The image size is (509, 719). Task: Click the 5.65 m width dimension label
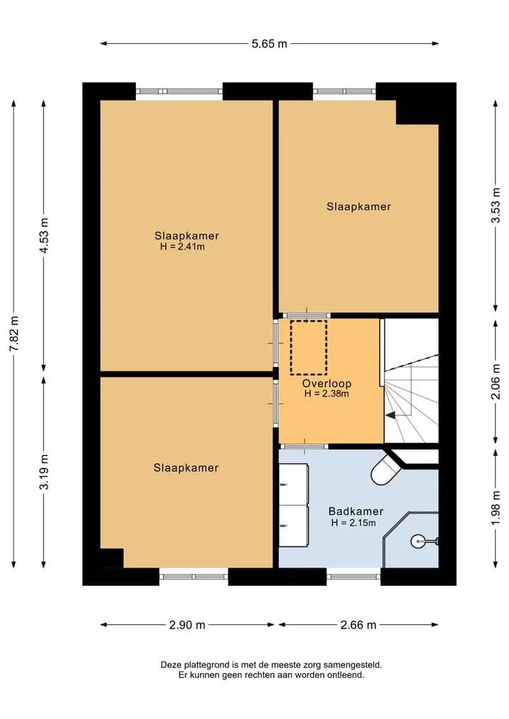pyautogui.click(x=269, y=44)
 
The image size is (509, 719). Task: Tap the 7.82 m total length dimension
pyautogui.click(x=14, y=334)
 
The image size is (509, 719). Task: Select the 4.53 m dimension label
pyautogui.click(x=44, y=235)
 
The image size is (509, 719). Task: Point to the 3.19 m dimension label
pyautogui.click(x=44, y=472)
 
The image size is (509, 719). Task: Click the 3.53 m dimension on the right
pyautogui.click(x=496, y=206)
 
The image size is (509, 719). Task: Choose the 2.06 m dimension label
pyautogui.click(x=496, y=382)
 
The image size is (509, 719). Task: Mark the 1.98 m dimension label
pyautogui.click(x=496, y=509)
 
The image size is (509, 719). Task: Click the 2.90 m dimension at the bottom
pyautogui.click(x=187, y=625)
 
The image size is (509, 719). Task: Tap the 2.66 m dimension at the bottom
pyautogui.click(x=358, y=625)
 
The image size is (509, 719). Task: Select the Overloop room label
pyautogui.click(x=327, y=383)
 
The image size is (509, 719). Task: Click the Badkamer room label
pyautogui.click(x=356, y=511)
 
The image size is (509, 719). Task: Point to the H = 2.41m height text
pyautogui.click(x=182, y=247)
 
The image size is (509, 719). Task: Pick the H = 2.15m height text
pyautogui.click(x=353, y=522)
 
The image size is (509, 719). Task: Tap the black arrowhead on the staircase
pyautogui.click(x=390, y=416)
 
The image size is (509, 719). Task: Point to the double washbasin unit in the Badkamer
pyautogui.click(x=293, y=505)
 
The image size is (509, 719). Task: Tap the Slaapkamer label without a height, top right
pyautogui.click(x=358, y=207)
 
